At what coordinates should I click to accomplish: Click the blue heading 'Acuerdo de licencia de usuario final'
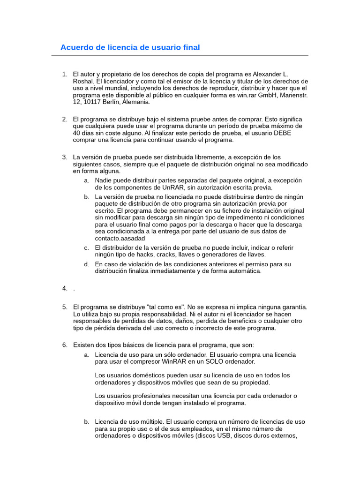point(130,47)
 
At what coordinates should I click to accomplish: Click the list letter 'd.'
point(87,264)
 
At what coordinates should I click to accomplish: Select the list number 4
point(65,288)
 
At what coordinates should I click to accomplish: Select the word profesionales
point(146,396)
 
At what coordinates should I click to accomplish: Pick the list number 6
point(65,345)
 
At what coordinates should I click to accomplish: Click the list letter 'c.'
point(87,247)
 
